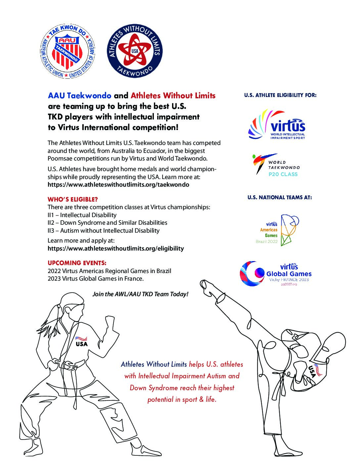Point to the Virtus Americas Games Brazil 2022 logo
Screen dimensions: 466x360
277,230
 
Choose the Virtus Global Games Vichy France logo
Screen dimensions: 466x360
276,274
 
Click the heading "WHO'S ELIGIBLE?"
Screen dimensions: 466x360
73,199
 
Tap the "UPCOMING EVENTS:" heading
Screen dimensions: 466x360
77,263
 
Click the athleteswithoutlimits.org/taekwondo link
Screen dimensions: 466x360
118,185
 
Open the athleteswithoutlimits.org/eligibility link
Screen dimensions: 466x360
115,248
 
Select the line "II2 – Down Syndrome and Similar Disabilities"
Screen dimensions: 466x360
107,223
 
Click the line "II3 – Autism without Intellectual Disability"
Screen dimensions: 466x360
104,231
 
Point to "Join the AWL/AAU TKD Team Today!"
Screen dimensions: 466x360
140,294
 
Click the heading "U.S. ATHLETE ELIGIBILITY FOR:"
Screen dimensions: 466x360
280,95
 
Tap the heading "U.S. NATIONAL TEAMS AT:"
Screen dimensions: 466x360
280,198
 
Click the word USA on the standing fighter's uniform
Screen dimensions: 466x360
82,344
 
